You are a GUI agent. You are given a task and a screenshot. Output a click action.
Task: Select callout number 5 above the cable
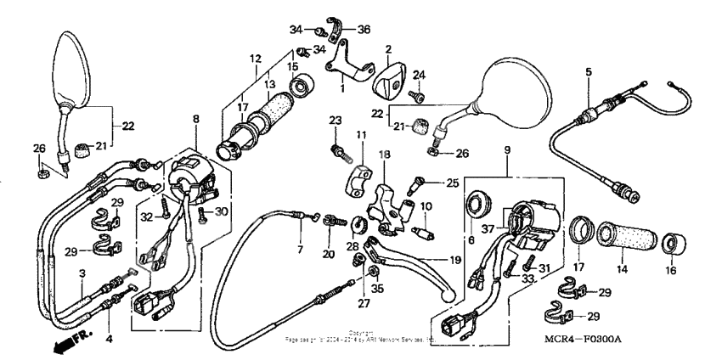click(x=588, y=73)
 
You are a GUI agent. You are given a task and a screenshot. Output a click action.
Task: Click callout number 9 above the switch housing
click(x=507, y=150)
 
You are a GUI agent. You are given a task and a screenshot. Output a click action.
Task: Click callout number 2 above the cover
click(x=388, y=49)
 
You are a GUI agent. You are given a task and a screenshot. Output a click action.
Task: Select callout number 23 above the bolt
click(x=334, y=121)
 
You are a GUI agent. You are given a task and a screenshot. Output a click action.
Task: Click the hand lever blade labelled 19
click(x=425, y=268)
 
